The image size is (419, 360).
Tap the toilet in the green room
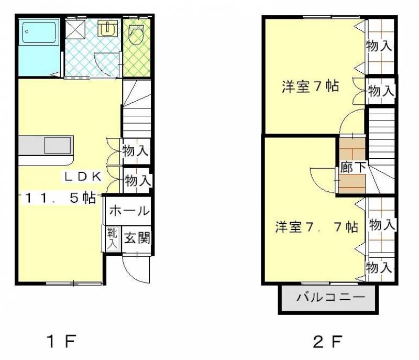(x=136, y=35)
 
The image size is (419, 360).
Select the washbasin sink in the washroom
(x=107, y=28)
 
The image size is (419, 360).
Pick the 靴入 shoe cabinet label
(x=112, y=238)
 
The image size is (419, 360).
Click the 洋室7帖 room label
(x=310, y=86)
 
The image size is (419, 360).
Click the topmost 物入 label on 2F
(x=379, y=46)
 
